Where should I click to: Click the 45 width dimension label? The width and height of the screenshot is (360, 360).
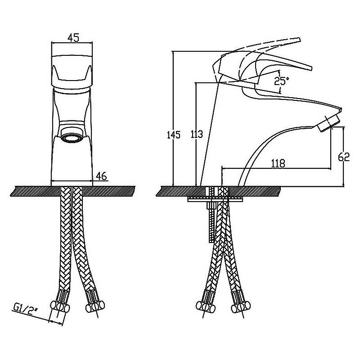[x=73, y=37]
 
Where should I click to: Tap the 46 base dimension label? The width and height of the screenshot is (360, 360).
[x=102, y=176]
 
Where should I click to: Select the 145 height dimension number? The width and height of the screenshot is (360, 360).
[x=174, y=135]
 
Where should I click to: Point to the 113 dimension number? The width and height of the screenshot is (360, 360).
[x=197, y=134]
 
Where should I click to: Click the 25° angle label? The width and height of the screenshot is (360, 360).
[x=281, y=81]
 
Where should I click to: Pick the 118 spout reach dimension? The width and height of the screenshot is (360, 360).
[x=278, y=163]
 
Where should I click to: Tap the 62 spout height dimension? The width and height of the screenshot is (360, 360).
[x=344, y=157]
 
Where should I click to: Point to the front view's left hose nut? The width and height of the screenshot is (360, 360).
[x=60, y=306]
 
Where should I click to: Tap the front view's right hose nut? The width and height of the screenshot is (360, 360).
[x=95, y=306]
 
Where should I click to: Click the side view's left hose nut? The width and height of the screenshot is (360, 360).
[x=206, y=306]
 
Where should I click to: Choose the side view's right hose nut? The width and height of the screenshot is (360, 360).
[x=241, y=306]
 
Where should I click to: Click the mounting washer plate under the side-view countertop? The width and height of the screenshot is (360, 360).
[x=215, y=199]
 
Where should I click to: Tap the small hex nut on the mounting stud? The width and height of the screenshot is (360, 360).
[x=210, y=205]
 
